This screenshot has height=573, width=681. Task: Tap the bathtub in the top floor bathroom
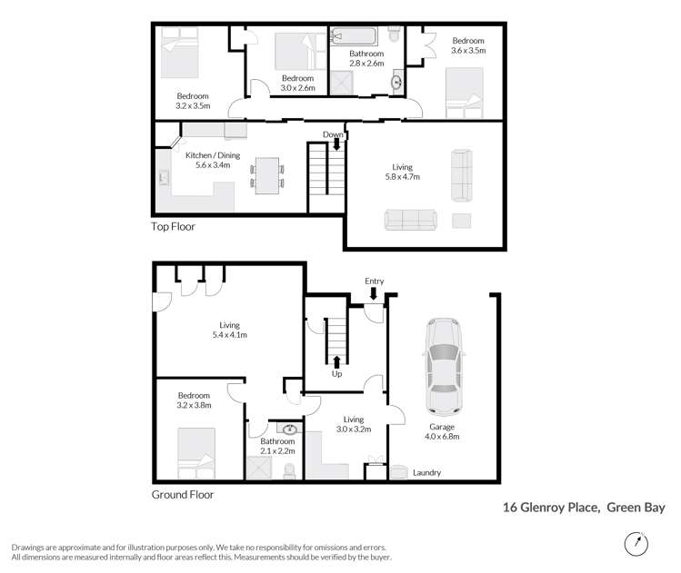click(x=353, y=37)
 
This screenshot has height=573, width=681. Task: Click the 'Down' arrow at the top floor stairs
click(x=336, y=142)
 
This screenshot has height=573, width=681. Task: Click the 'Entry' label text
click(x=375, y=281)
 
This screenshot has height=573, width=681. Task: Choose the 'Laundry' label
click(x=426, y=472)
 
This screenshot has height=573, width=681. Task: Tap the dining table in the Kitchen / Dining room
click(x=266, y=174)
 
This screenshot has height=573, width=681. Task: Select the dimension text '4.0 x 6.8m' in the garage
click(x=443, y=437)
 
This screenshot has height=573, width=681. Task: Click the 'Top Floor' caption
click(x=173, y=227)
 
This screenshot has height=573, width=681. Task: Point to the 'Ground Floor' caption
click(x=182, y=495)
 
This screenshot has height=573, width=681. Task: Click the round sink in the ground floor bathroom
click(x=291, y=430)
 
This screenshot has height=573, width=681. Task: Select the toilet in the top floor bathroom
click(x=394, y=35)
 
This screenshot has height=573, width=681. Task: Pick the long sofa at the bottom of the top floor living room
click(x=411, y=219)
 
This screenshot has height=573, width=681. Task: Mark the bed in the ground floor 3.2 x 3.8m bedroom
click(x=197, y=451)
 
